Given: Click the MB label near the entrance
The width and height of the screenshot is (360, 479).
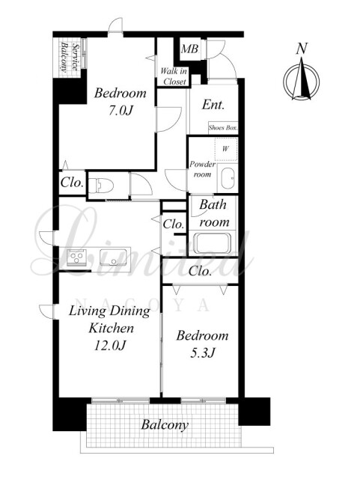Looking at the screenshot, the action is click(189, 49).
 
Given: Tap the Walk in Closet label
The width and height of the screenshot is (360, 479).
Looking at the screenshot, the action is click(174, 76).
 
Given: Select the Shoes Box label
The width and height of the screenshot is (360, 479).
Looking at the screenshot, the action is click(223, 128).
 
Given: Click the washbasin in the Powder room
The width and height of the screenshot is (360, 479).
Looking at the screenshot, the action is click(228, 178).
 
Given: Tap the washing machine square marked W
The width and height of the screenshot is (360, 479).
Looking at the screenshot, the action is click(225, 149).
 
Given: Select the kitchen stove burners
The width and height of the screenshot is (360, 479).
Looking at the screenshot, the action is click(76, 257).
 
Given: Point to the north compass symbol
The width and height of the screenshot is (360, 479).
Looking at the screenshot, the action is click(302, 81).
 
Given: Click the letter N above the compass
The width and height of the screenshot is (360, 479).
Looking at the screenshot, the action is click(302, 49).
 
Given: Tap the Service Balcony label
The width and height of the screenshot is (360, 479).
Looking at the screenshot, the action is click(70, 57).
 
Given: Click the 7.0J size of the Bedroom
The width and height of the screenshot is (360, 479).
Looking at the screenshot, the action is click(120, 111).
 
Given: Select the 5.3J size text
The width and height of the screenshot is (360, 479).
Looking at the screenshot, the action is click(203, 353).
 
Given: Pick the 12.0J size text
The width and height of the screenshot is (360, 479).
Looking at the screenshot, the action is click(110, 346).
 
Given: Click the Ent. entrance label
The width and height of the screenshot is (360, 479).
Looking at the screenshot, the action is click(213, 105).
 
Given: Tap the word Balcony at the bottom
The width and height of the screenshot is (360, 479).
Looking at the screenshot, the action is click(165, 424).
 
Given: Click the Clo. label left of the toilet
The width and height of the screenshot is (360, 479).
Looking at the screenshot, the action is click(72, 183).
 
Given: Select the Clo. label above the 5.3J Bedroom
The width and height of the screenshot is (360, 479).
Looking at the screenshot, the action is click(200, 271).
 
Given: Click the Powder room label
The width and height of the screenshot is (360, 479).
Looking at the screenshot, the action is click(202, 169).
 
